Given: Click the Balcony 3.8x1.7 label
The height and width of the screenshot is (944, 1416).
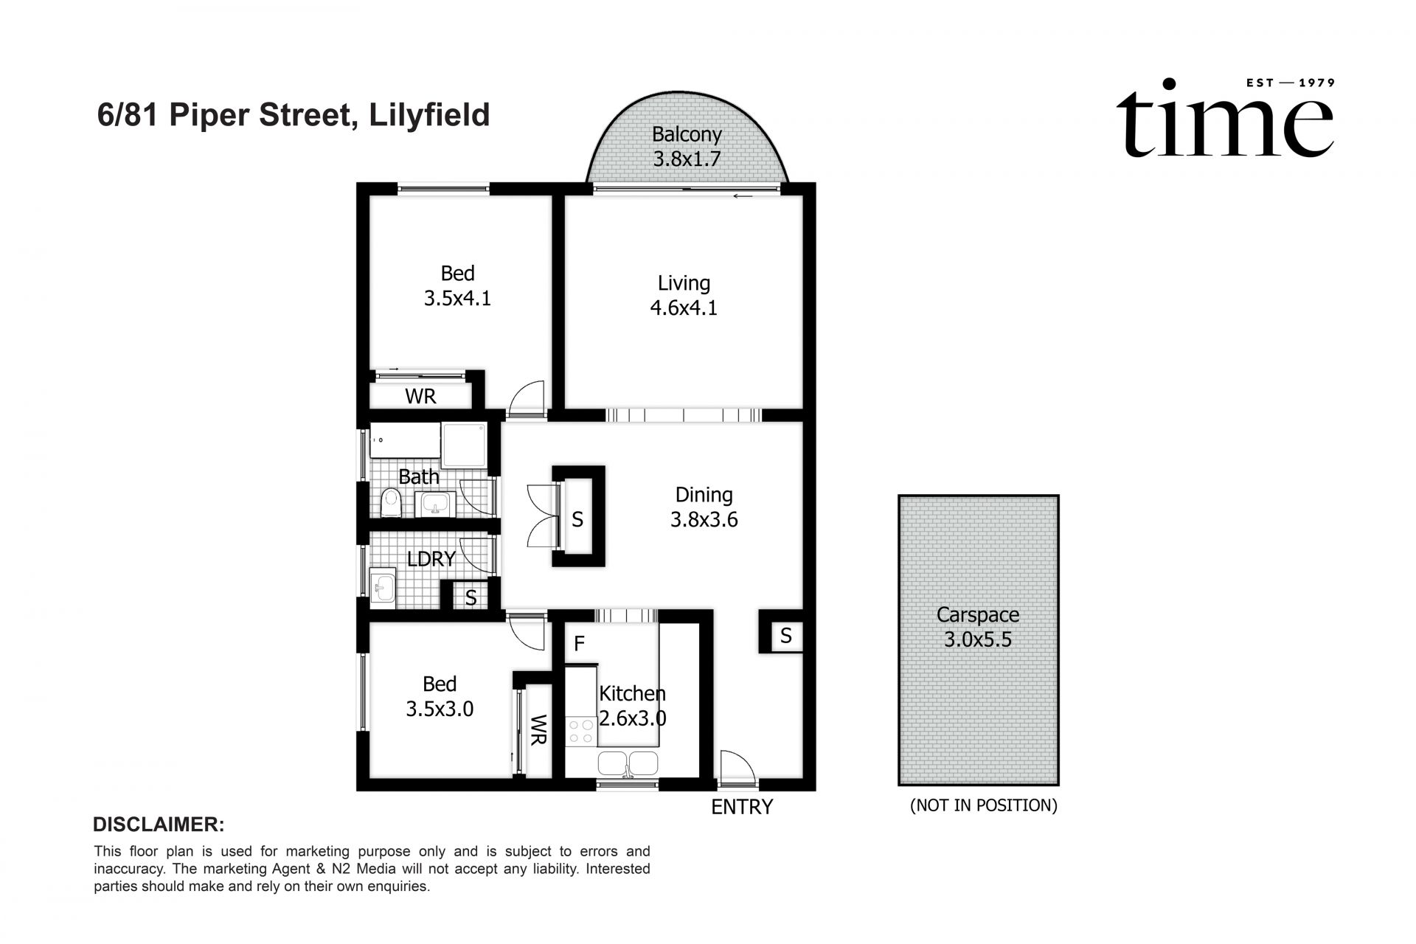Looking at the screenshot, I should (687, 147).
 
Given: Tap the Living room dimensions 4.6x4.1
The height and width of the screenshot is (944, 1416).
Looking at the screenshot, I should (684, 308).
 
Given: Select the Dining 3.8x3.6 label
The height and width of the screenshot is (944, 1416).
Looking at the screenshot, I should (704, 507).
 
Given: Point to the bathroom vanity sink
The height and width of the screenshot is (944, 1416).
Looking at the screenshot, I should (436, 504).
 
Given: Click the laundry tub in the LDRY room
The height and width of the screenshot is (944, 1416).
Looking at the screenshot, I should (383, 588).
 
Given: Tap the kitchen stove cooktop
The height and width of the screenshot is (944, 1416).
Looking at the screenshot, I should (580, 731).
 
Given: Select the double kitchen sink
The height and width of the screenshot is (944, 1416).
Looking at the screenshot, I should (628, 763).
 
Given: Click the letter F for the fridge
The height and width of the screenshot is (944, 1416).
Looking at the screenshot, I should (580, 644).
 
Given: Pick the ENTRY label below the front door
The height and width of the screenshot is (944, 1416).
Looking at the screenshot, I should (741, 807).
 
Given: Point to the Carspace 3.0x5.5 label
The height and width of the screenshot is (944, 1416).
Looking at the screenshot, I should (978, 627).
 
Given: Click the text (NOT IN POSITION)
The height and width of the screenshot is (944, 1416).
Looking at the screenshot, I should (984, 805).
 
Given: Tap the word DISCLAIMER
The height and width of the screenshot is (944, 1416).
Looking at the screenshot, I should (159, 824).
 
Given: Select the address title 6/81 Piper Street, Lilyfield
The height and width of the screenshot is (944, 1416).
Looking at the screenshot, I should (294, 116).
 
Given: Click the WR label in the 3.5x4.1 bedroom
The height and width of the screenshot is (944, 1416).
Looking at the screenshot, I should (420, 397).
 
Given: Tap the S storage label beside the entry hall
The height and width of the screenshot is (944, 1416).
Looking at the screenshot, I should (786, 636).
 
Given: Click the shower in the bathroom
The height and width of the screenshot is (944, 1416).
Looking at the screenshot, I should (465, 444).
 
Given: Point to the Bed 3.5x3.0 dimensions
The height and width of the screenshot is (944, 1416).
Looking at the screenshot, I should (440, 709).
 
